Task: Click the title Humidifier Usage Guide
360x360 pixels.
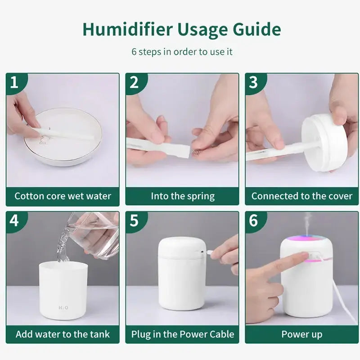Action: [182, 29]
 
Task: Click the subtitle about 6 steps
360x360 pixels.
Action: [182, 51]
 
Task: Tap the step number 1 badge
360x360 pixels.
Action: [14, 82]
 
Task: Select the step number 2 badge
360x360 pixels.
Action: [134, 82]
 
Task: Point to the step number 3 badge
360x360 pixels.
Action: [253, 82]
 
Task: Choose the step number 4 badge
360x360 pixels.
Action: [14, 220]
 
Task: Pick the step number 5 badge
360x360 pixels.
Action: [134, 220]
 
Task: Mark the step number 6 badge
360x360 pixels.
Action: [253, 220]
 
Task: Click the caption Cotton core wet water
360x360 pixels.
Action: [63, 196]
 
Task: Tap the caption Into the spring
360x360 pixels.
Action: [182, 196]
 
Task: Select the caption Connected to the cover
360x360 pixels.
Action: [301, 196]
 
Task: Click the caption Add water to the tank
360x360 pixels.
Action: [63, 334]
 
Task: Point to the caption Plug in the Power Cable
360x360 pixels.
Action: [182, 334]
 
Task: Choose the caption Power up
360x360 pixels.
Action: [301, 334]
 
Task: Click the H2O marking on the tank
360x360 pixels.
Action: [63, 308]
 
